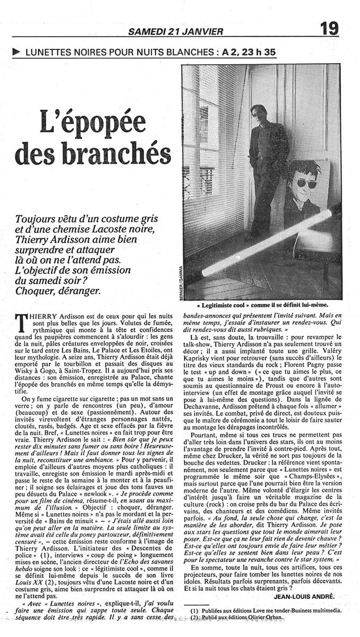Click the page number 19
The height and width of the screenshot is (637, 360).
[x=329, y=28]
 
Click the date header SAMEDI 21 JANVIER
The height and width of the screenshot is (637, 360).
[x=175, y=32]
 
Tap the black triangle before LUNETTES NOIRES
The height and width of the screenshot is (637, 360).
[x=16, y=52]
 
